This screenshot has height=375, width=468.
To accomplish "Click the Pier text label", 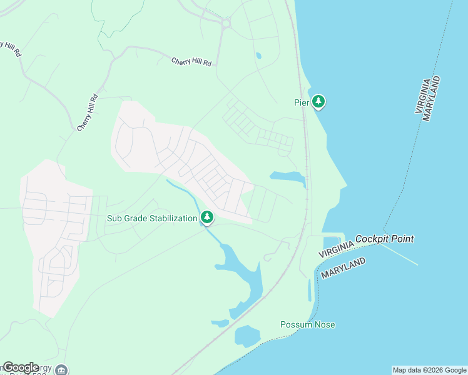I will (302, 102).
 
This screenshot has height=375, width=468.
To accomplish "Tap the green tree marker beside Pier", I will (318, 101).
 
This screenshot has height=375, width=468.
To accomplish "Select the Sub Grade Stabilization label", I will (152, 218).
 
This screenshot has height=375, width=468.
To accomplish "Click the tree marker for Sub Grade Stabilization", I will (207, 217).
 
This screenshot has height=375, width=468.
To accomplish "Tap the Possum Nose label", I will (307, 324).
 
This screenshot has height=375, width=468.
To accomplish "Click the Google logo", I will (21, 367).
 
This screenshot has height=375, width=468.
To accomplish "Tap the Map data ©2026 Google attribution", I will (429, 370).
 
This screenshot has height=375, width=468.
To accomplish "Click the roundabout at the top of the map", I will (226, 24).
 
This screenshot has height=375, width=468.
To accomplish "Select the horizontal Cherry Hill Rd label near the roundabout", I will (191, 62).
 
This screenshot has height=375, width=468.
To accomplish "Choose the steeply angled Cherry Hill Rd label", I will (88, 112).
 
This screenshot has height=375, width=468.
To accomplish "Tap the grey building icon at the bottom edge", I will (61, 370).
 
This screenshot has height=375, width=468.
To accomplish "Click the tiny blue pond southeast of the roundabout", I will (258, 56).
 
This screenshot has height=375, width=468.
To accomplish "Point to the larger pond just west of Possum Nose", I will (247, 336).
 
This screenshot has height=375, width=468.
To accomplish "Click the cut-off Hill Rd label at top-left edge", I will (11, 49).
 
